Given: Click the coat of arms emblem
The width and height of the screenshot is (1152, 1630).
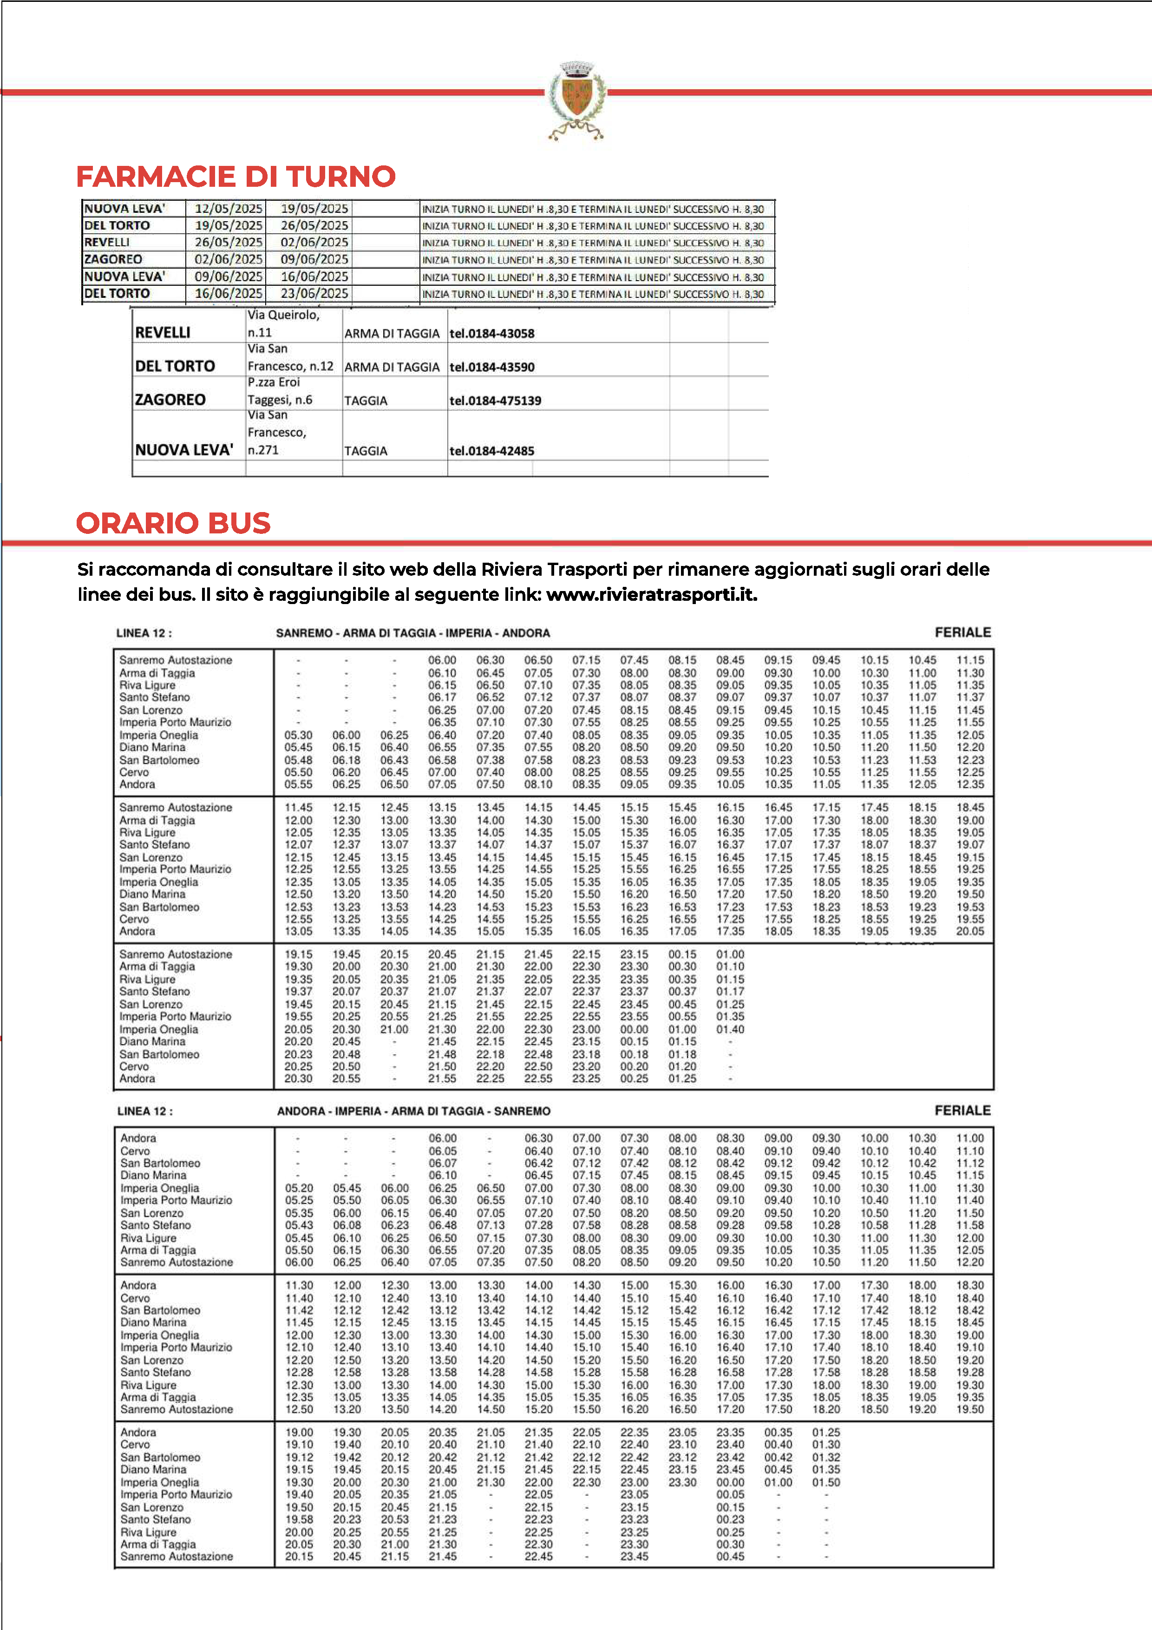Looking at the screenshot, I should [576, 99].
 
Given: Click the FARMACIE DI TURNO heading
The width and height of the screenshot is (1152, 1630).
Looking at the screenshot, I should [236, 177].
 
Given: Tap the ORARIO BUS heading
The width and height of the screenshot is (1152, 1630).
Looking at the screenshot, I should [173, 523].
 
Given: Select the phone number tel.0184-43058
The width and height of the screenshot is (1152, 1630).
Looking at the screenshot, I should [492, 334].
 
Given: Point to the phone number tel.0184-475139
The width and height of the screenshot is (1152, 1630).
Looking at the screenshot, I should [495, 401].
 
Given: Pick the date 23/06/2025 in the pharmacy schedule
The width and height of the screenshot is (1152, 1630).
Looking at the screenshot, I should [314, 293].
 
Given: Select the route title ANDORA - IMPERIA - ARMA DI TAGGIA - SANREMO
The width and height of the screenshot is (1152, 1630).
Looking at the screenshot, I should [413, 1111].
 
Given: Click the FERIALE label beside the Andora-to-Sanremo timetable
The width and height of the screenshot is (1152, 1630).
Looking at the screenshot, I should [962, 1111].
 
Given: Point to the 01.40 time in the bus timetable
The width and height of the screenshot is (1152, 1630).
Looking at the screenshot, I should [730, 1029].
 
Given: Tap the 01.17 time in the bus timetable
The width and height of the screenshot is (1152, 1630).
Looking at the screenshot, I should [730, 992].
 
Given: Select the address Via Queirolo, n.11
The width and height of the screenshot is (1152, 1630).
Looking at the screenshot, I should [284, 324].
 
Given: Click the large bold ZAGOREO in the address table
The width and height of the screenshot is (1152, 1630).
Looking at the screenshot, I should [170, 400].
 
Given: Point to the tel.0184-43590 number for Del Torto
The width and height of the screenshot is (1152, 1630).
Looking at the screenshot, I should [492, 367].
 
